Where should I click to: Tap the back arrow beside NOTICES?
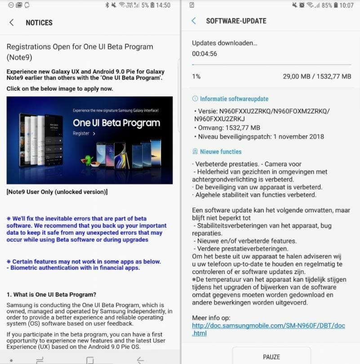12,22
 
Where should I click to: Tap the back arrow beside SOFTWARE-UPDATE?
194,21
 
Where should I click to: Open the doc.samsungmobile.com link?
268,329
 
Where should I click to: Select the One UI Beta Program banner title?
116,123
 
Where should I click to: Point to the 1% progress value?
196,76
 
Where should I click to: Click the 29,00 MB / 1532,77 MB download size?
317,76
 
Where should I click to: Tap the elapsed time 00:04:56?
204,54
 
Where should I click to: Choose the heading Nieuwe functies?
221,152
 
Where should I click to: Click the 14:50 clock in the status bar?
163,5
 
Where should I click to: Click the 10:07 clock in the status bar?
347,5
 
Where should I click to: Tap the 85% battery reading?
327,5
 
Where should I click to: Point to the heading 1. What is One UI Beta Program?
51,295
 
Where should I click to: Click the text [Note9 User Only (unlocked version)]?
57,192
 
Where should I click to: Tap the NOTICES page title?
39,22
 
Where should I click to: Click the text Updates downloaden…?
225,43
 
